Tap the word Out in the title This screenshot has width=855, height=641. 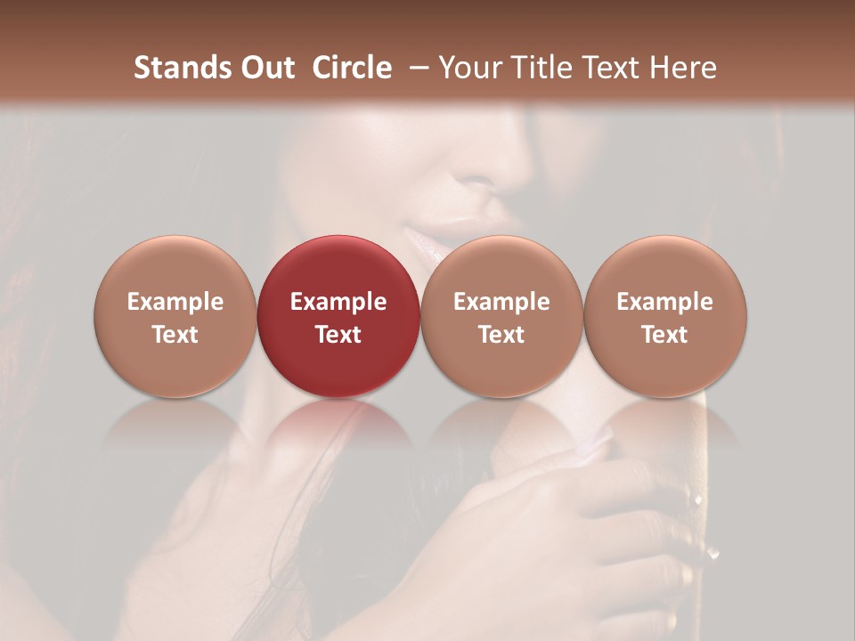point(265,68)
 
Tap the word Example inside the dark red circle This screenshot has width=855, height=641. point(338,302)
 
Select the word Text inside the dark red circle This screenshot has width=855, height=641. point(338,335)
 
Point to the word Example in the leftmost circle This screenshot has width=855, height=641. point(175,302)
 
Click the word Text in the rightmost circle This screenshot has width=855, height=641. point(665,335)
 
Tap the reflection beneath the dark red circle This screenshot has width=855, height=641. point(338,427)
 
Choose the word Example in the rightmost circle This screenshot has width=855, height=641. point(665,302)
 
